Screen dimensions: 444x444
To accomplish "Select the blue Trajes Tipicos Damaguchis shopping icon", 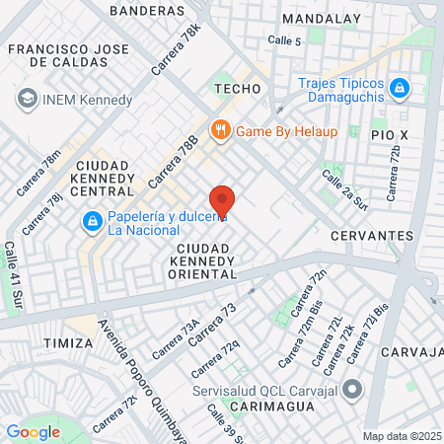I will point(400,88).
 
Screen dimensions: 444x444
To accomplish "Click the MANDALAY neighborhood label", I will point(321,18).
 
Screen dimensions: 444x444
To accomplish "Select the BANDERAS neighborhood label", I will point(147,10).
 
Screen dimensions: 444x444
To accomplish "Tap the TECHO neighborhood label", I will point(237,89).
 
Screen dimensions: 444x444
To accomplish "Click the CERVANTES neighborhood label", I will point(371,236).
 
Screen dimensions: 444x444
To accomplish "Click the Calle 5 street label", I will point(284,39).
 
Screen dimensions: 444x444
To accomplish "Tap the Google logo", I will point(33,431).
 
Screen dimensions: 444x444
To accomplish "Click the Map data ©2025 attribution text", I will point(402,436).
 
